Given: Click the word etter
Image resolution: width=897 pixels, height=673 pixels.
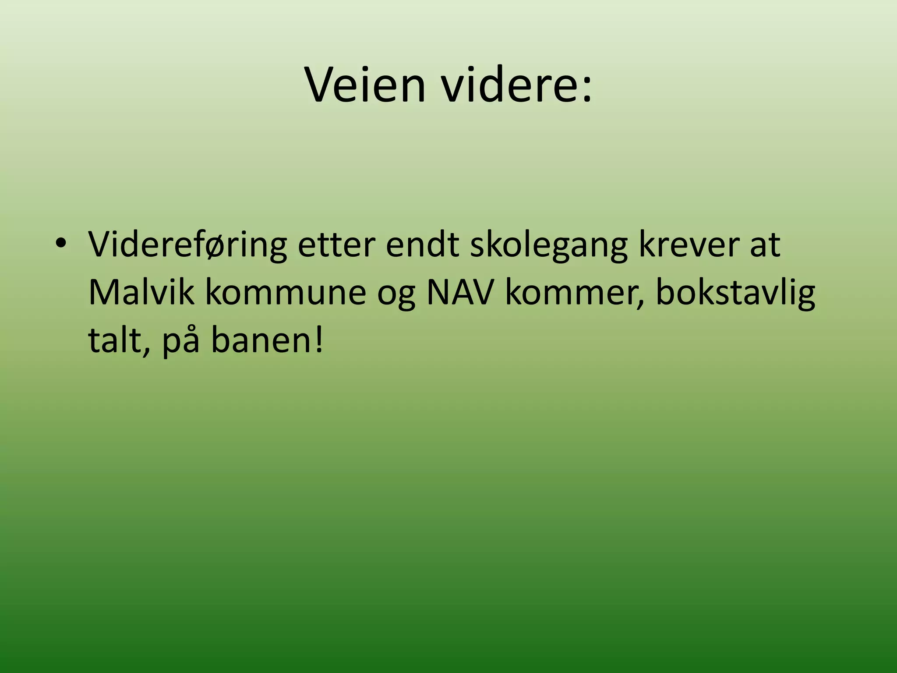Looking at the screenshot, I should pos(336,244).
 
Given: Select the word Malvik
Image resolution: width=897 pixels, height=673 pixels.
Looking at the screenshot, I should pos(141,292).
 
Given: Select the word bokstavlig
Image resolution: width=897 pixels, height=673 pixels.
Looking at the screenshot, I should pos(735,292).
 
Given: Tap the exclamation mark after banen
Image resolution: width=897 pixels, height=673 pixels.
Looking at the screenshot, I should pos(319,340).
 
